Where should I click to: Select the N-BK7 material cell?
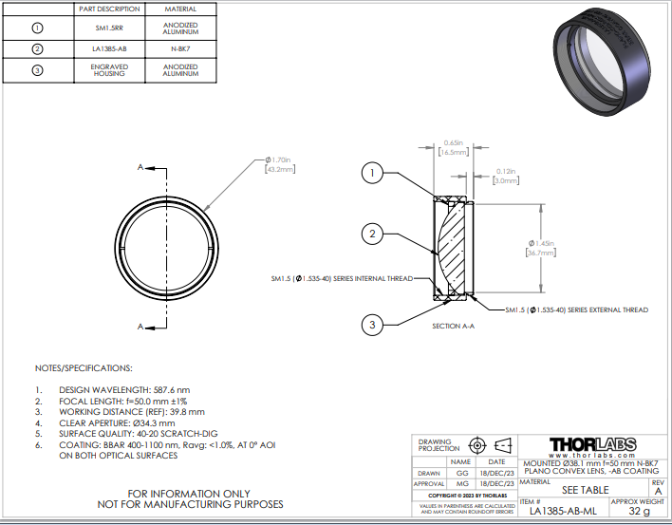pyautogui.click(x=179, y=49)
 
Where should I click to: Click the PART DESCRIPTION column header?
pyautogui.click(x=109, y=9)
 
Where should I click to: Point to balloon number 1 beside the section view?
pyautogui.click(x=373, y=173)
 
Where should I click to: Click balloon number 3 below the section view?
pyautogui.click(x=373, y=325)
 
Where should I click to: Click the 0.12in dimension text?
pyautogui.click(x=507, y=175)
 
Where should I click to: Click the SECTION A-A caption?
pyautogui.click(x=452, y=326)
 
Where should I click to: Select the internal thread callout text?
pyautogui.click(x=341, y=279)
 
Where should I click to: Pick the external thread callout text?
pyautogui.click(x=576, y=310)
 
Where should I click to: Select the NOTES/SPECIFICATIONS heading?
pyautogui.click(x=84, y=367)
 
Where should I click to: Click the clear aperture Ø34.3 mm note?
pyautogui.click(x=117, y=423)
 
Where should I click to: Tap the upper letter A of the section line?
pyautogui.click(x=141, y=168)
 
